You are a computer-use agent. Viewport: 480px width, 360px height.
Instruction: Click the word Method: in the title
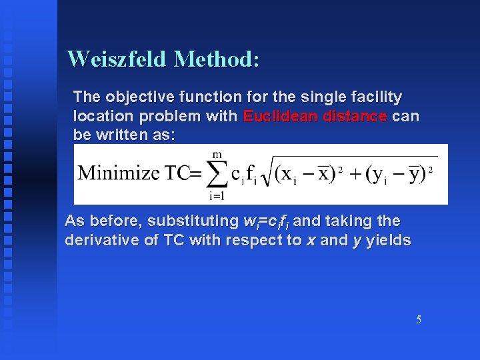click(216, 59)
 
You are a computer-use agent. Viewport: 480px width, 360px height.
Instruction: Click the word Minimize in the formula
click(119, 173)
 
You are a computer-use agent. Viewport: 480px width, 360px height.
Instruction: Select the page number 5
click(419, 319)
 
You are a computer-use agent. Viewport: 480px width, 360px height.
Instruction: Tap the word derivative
click(102, 239)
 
